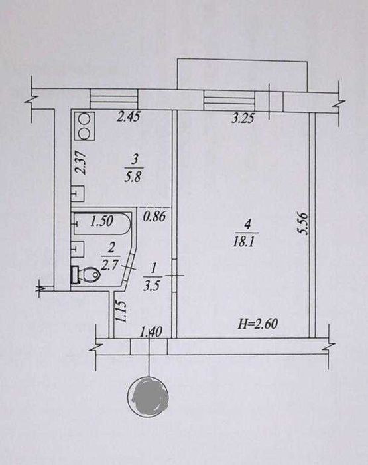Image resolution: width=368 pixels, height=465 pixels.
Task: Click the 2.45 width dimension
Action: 128,116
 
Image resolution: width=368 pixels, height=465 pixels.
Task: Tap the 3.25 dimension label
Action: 243,118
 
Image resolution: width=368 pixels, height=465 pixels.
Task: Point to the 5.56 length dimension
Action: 304,225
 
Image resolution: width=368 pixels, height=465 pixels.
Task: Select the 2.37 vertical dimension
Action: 80,163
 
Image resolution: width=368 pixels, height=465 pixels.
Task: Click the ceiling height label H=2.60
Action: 258,324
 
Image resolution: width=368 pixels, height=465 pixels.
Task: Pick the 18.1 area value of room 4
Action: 243,243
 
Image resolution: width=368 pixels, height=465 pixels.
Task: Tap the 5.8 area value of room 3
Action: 133,177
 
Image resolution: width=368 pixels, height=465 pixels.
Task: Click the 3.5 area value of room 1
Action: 152,286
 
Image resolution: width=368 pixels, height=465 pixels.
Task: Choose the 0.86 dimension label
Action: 154,216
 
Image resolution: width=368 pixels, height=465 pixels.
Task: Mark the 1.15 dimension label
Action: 121,312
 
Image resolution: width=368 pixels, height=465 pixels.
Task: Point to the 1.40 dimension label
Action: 151,332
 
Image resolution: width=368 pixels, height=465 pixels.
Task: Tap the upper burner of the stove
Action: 84,119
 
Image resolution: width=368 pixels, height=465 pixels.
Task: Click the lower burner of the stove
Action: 84,133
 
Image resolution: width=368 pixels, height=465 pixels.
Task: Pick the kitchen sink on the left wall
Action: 78,194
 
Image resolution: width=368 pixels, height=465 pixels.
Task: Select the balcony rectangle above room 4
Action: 242,75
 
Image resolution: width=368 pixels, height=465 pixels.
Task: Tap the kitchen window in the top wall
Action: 114,99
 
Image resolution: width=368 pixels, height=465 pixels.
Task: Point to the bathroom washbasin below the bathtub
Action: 78,249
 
